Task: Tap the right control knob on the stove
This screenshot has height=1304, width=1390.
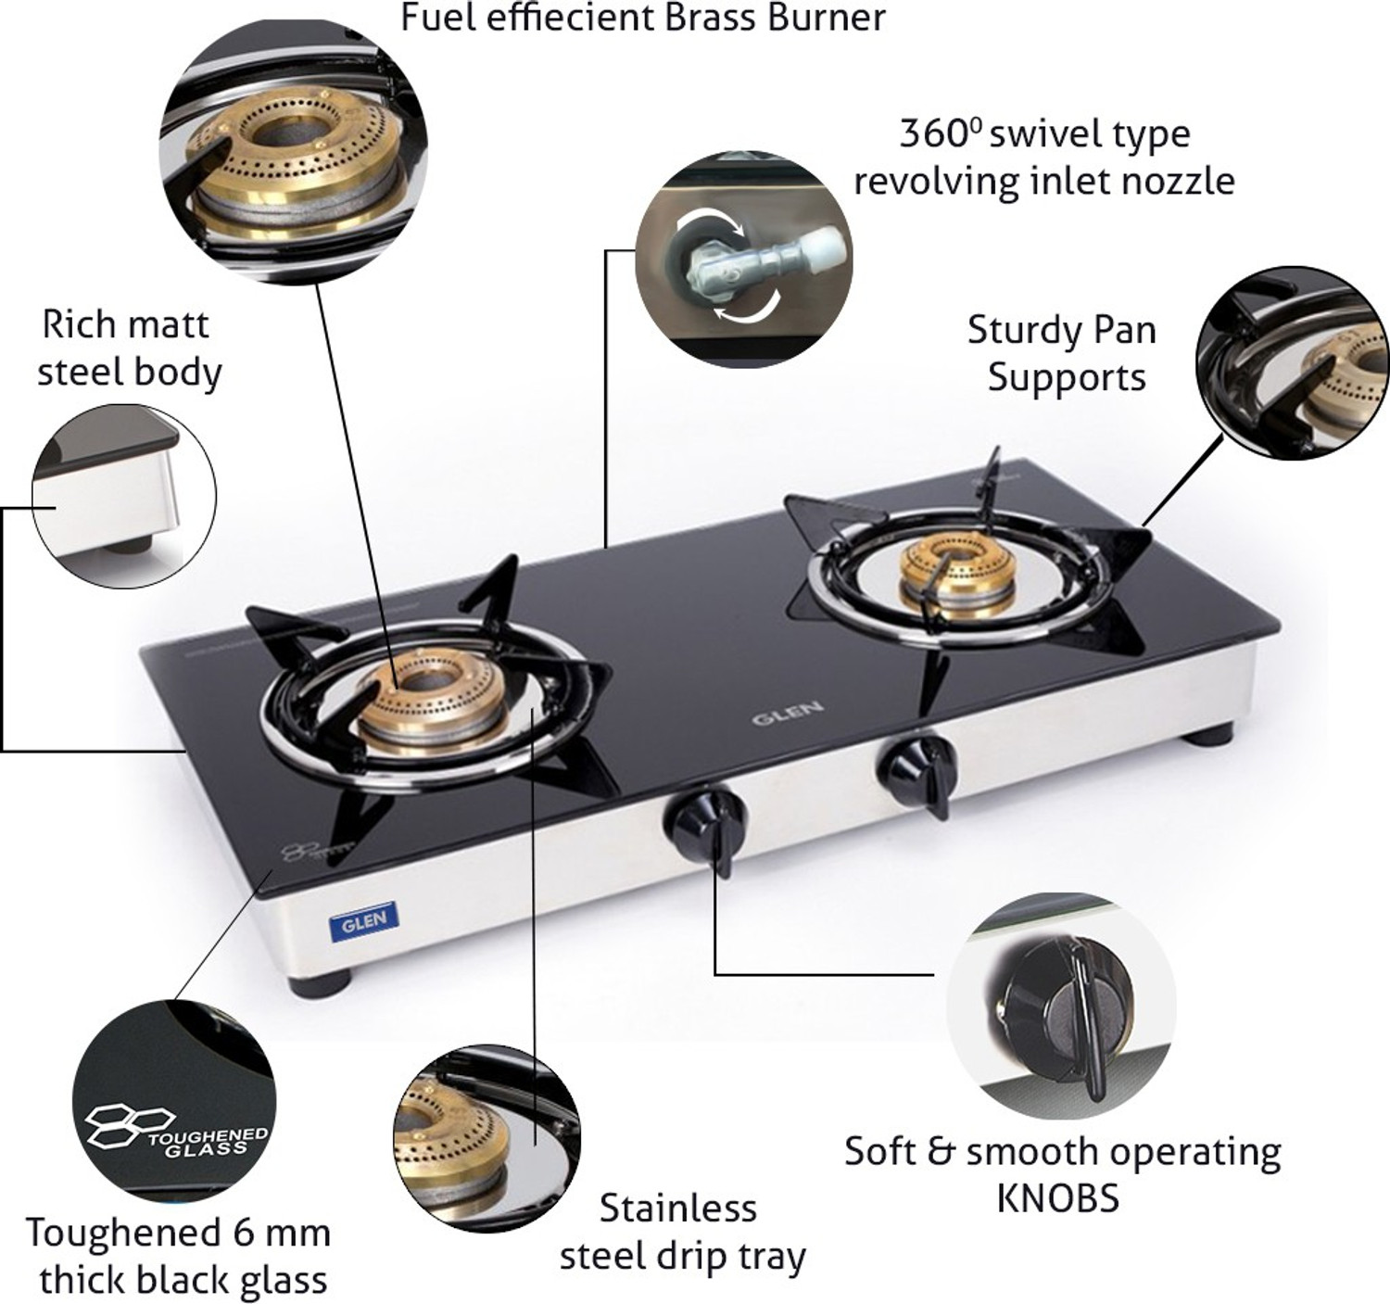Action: (917, 766)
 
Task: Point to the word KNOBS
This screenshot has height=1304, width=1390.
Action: (1057, 1197)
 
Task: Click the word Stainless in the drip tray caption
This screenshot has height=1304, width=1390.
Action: (677, 1209)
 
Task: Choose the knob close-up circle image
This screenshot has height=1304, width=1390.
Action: (1060, 1006)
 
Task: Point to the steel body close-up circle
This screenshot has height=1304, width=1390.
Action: (124, 496)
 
